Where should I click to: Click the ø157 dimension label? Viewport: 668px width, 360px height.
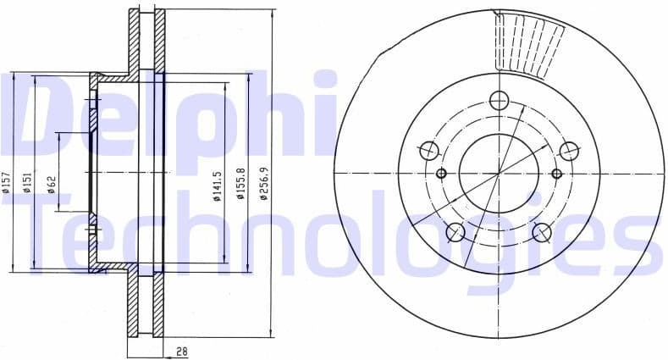point(7,181)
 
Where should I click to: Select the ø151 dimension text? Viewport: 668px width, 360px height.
point(27,181)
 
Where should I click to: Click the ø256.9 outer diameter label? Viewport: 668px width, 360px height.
point(264,184)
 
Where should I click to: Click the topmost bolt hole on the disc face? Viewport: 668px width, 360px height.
point(499,100)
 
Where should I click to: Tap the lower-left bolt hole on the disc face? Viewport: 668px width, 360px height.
point(455,232)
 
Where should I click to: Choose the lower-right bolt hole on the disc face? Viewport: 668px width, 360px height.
point(542,232)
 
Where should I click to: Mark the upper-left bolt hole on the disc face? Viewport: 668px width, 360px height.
point(428,152)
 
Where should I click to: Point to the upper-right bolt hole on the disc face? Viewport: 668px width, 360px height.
point(570,152)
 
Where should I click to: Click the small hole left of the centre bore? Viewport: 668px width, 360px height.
point(440,174)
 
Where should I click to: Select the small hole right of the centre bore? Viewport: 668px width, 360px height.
point(556,174)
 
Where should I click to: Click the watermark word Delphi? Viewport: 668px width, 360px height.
point(169,114)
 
